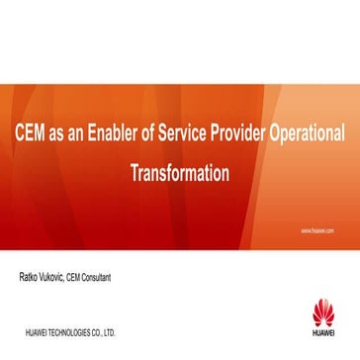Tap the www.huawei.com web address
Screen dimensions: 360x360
pyautogui.click(x=316, y=229)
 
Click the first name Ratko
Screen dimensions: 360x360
pyautogui.click(x=30, y=278)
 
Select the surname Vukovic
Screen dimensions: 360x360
pyautogui.click(x=56, y=278)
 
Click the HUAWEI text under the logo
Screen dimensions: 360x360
pyautogui.click(x=323, y=331)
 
